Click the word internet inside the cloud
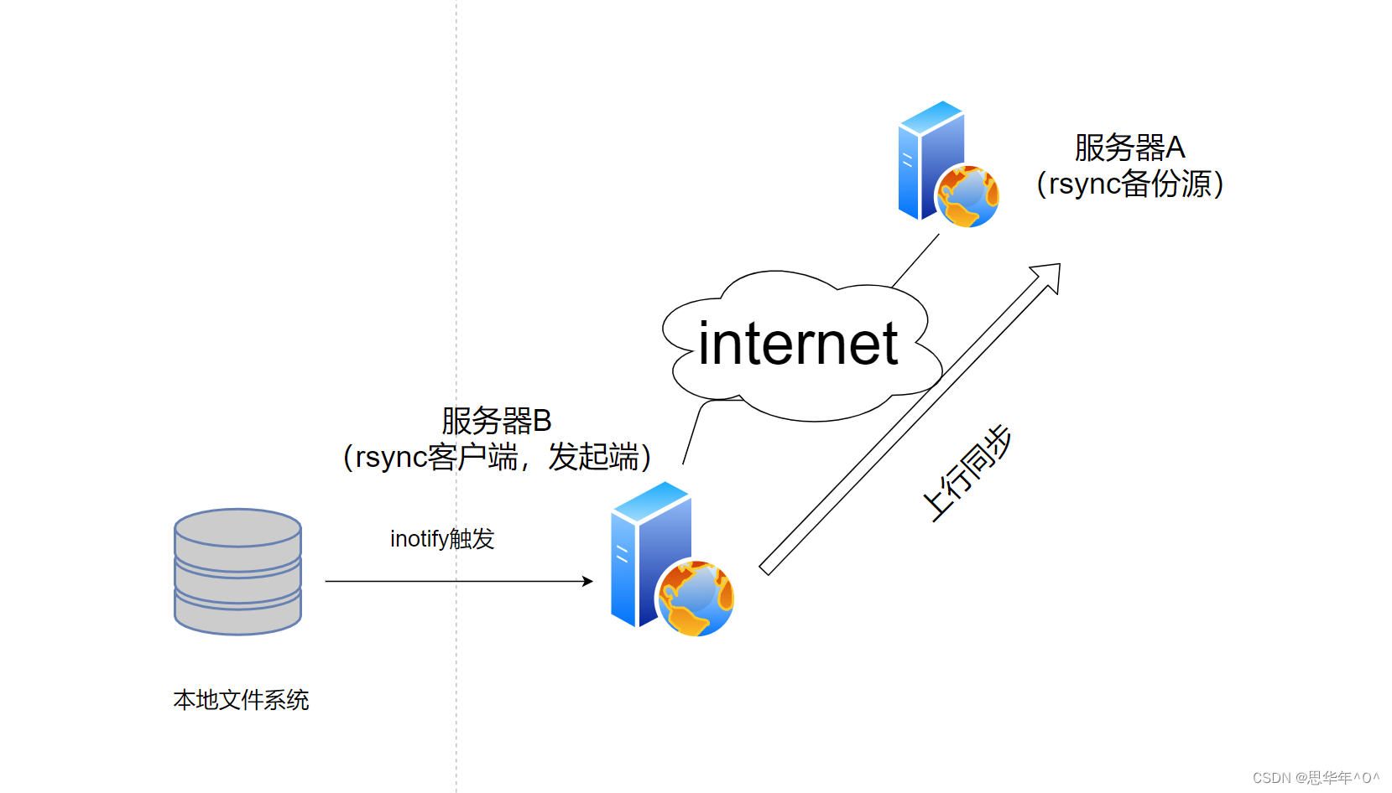click(797, 344)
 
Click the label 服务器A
click(1129, 148)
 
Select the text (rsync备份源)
click(1129, 184)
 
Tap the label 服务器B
click(496, 420)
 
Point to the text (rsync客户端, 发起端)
click(497, 458)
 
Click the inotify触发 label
click(442, 538)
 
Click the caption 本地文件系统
click(241, 700)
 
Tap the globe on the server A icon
click(967, 196)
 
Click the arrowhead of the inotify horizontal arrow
click(588, 581)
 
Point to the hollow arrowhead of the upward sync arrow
click(1050, 276)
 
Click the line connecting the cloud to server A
click(916, 260)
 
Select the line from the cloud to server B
click(691, 433)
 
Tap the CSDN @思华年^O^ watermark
click(1316, 778)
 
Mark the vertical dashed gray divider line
click(456, 251)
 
